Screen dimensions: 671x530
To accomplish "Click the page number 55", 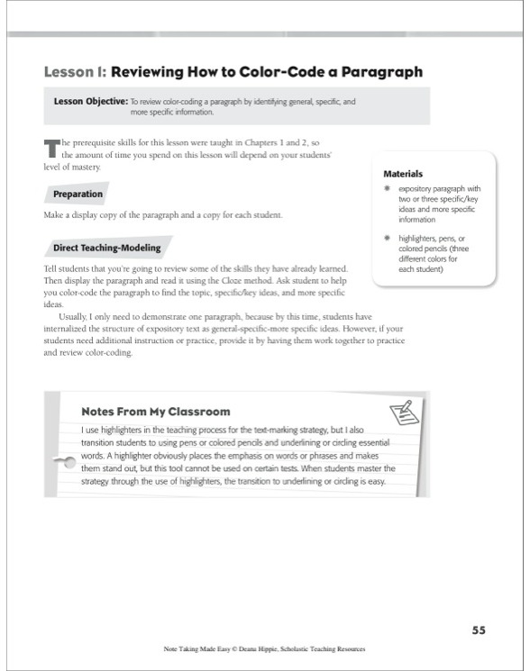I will pos(479,630).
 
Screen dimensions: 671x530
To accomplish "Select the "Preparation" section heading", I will pos(78,194).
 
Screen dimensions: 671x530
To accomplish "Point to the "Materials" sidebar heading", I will pos(403,173).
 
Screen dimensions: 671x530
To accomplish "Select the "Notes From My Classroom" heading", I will pos(155,412).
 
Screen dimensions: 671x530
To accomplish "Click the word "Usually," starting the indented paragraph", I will pos(76,318).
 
